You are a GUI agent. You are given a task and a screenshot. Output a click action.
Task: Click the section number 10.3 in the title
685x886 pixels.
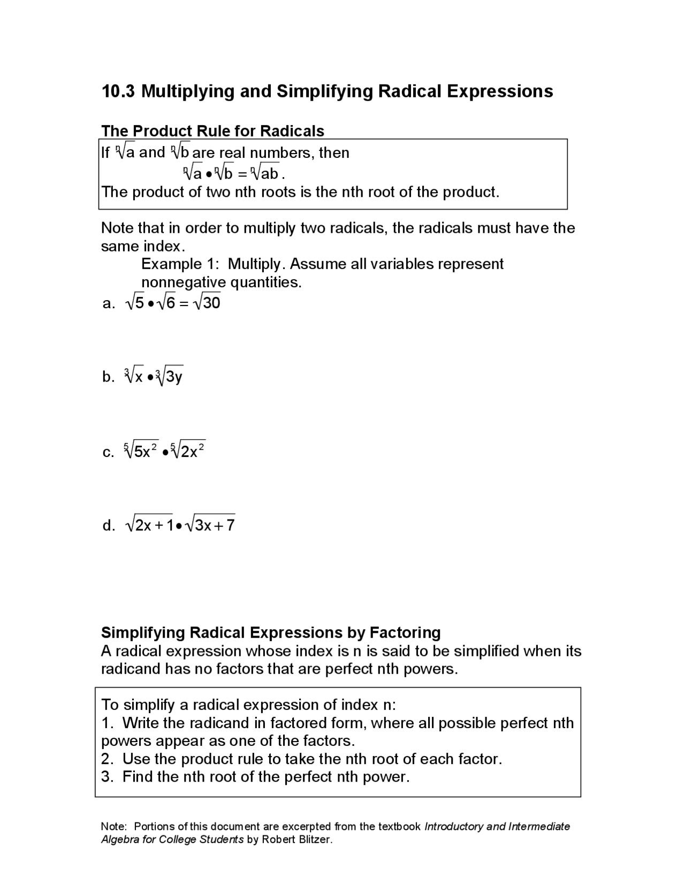118,91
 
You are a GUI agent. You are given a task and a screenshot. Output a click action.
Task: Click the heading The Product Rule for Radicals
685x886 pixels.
212,131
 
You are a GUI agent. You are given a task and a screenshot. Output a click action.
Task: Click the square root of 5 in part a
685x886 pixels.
135,303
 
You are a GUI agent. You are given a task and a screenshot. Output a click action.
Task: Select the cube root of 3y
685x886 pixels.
169,377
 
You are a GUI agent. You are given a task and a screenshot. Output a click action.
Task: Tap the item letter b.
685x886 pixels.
108,377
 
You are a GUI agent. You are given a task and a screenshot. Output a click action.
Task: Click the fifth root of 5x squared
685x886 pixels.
141,450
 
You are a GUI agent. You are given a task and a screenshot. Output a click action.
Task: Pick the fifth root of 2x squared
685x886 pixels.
188,450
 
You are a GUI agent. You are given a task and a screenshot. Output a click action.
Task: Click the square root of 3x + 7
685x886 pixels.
210,525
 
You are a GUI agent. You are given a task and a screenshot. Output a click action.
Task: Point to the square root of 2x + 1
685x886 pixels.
150,525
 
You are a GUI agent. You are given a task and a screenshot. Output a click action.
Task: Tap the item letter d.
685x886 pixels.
108,525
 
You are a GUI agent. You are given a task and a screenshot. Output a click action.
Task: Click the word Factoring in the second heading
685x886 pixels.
405,632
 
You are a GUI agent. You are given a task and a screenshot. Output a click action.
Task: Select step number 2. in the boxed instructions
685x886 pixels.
107,759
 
